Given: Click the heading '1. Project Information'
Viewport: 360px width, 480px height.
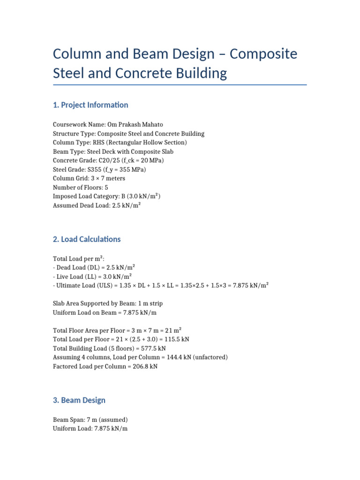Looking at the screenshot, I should (x=90, y=105).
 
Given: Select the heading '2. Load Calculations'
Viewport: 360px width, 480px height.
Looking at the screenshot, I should (x=87, y=239).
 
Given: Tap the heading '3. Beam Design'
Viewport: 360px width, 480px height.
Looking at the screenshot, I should (x=79, y=400).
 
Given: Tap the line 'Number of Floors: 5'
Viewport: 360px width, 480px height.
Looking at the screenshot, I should (x=81, y=187).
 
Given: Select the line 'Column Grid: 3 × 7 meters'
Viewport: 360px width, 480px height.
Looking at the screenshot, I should (x=89, y=178).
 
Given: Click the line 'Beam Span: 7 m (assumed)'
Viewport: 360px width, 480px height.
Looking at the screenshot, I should (x=90, y=420).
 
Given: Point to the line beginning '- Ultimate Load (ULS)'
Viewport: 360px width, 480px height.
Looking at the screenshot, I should (x=161, y=285).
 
